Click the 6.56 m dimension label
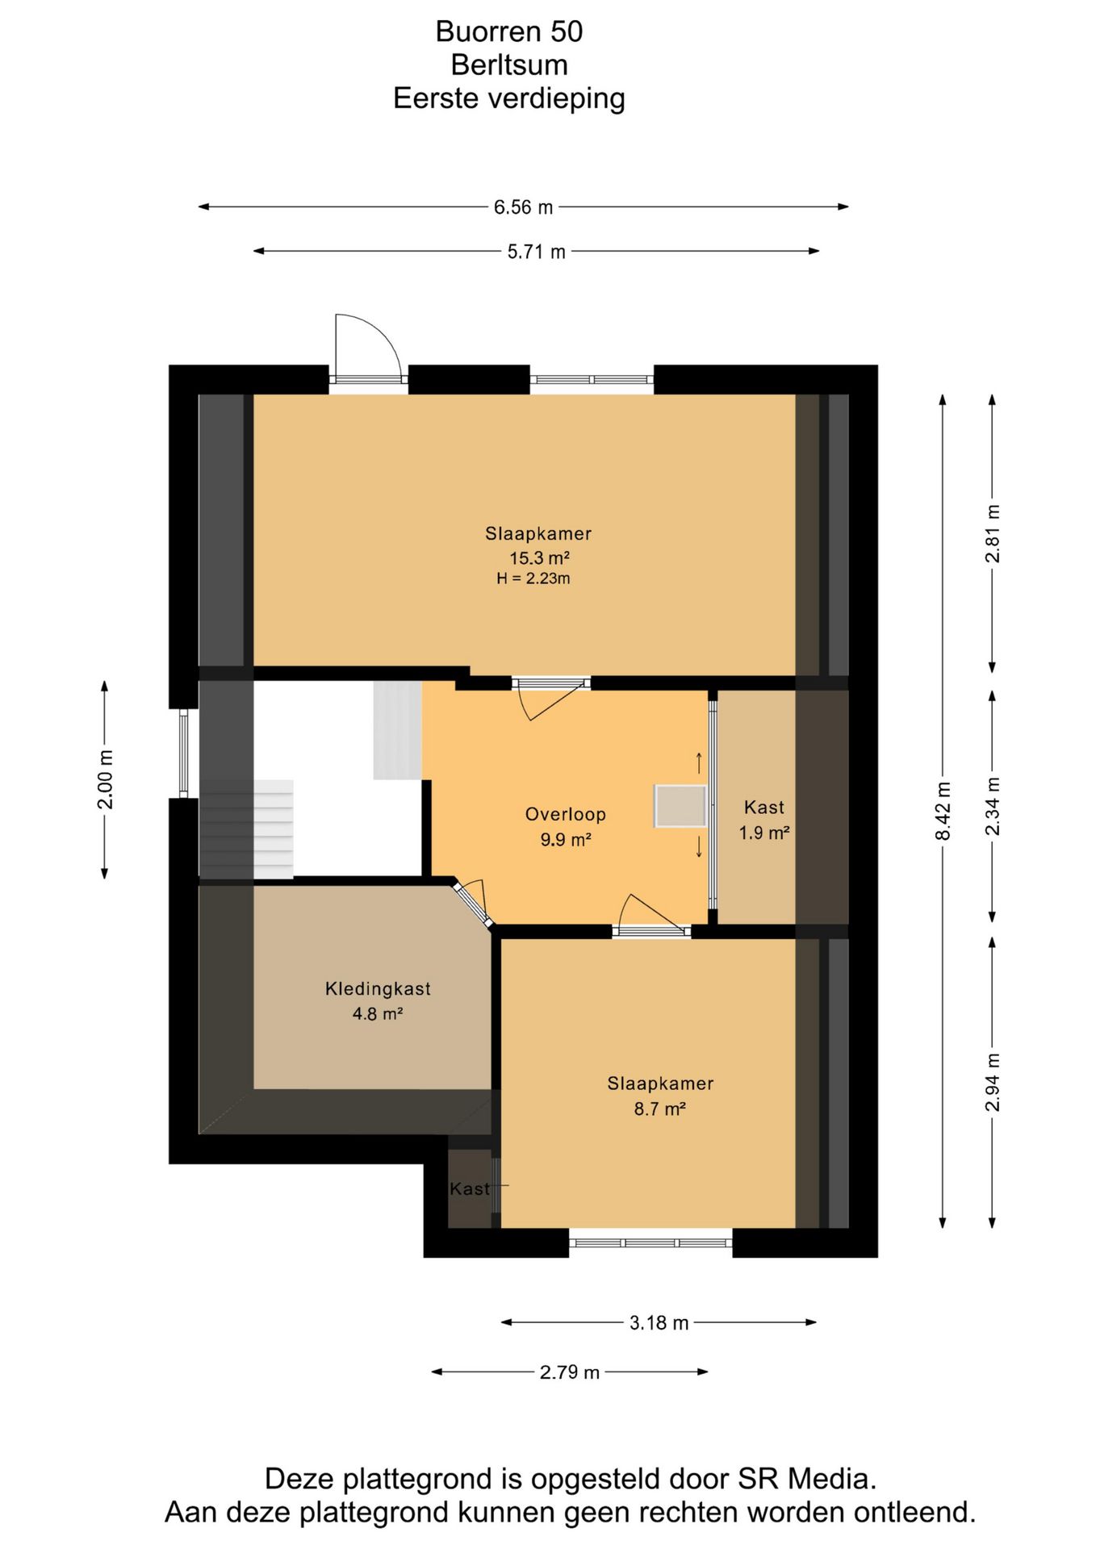(523, 207)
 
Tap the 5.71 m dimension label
(536, 252)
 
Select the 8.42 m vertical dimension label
(943, 811)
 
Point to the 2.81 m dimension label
(993, 534)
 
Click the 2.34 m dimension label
(993, 807)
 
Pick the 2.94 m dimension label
(993, 1083)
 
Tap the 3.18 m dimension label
(659, 1323)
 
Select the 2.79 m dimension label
(569, 1372)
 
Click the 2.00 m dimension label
(105, 779)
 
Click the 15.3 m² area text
(539, 557)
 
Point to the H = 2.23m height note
(533, 578)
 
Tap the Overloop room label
(565, 814)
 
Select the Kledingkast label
(378, 988)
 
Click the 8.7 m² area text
(659, 1109)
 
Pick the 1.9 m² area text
(763, 833)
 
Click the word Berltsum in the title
(509, 65)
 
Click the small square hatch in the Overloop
(680, 805)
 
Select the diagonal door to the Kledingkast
(471, 904)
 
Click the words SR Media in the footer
(806, 1478)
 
